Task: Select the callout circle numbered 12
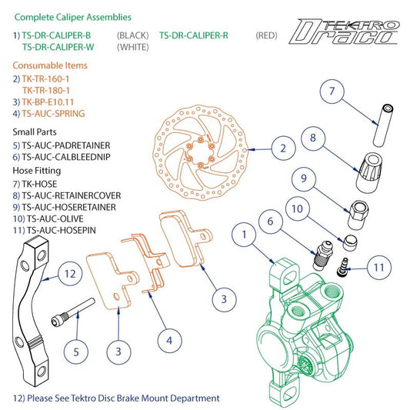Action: tap(70, 274)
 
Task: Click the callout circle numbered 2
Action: tap(282, 148)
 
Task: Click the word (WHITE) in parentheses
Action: tap(132, 47)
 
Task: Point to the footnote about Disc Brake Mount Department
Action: tap(116, 398)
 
